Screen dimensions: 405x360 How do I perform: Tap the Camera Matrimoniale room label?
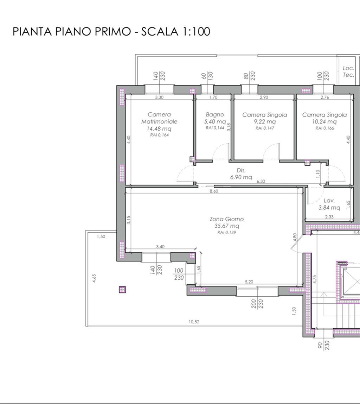159,118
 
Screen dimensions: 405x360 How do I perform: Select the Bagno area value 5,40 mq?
215,122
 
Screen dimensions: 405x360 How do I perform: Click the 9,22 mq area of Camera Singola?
265,122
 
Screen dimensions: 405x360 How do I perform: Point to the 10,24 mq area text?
324,122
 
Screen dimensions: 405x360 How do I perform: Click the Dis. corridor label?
241,170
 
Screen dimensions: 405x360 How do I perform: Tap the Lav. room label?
329,201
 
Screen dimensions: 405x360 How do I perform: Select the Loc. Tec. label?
348,71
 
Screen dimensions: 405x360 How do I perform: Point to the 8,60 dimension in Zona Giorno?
213,191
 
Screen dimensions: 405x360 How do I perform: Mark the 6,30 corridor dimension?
261,182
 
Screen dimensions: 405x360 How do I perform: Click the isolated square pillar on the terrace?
122,290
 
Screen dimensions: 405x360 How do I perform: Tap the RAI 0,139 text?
227,232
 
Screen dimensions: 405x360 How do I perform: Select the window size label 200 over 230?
257,304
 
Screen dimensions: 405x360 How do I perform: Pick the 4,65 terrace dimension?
94,278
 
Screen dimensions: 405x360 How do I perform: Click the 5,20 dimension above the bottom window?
249,282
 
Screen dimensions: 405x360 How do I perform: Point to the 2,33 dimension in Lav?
329,217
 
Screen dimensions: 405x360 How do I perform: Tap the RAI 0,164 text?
159,134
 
